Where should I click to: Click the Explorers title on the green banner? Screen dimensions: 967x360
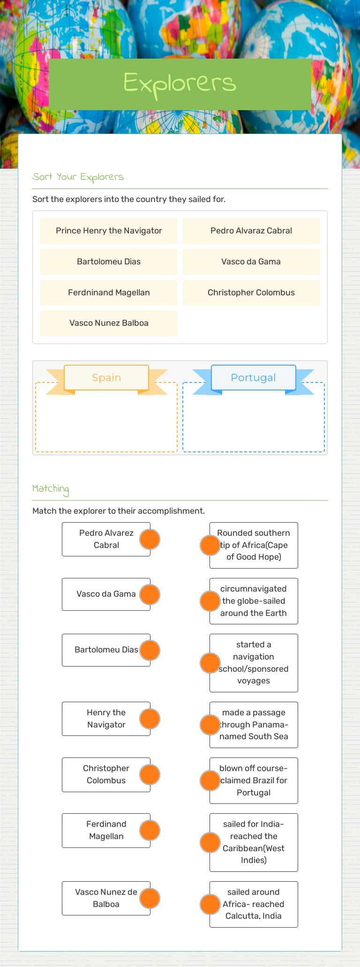click(180, 83)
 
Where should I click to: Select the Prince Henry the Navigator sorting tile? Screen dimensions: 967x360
click(109, 231)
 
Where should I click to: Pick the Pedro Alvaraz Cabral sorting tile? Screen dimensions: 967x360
click(251, 231)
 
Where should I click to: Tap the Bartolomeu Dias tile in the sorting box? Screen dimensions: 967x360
click(109, 262)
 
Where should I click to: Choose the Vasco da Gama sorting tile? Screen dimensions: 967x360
click(251, 262)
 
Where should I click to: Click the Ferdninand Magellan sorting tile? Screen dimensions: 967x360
click(109, 292)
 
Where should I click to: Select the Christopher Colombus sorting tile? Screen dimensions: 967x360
click(251, 292)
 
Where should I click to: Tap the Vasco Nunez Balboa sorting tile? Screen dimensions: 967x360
click(109, 323)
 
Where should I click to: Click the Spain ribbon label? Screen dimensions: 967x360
click(106, 377)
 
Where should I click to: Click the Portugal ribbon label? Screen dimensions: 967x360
click(254, 377)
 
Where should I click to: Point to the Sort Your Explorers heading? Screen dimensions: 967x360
click(78, 177)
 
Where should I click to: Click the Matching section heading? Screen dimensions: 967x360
click(51, 489)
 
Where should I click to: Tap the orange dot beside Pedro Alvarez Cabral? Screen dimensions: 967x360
click(150, 539)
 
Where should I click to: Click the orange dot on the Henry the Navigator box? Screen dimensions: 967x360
click(150, 719)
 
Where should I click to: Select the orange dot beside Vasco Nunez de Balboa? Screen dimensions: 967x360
click(150, 898)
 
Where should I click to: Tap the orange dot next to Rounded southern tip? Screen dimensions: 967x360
click(210, 545)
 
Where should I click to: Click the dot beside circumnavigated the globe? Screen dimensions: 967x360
click(210, 601)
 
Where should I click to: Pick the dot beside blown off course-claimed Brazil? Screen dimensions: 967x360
click(210, 780)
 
